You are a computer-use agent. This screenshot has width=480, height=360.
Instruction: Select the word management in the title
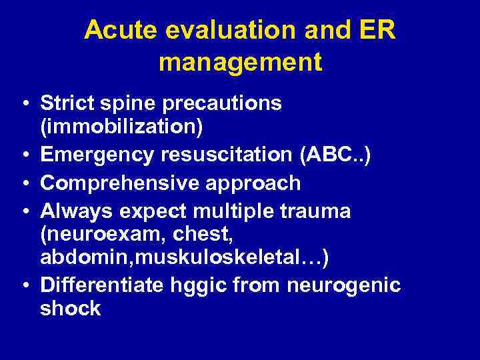coord(240,63)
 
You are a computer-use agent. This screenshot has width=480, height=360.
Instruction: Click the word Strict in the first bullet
coord(66,104)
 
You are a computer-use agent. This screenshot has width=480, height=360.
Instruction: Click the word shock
coord(70,308)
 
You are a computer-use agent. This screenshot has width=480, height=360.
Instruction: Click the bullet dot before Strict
coord(24,105)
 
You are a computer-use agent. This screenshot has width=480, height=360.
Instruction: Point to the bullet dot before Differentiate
coord(24,286)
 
